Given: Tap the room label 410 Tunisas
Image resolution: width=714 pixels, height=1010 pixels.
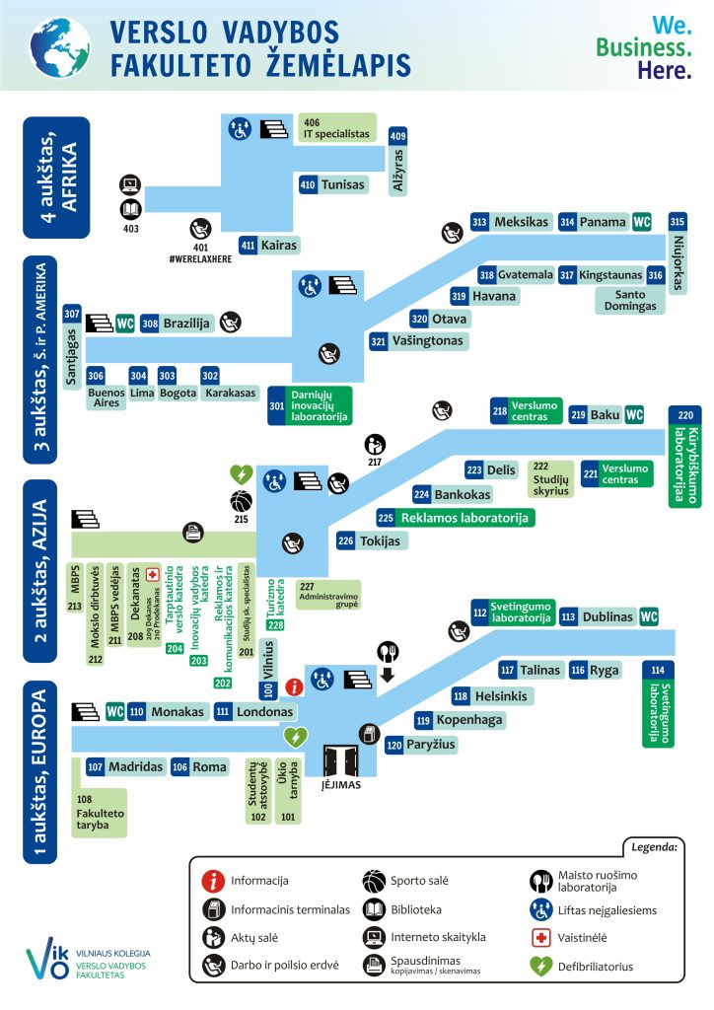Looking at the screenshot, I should click(x=332, y=184).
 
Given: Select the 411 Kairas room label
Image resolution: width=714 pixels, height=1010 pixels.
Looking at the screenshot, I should click(x=268, y=245).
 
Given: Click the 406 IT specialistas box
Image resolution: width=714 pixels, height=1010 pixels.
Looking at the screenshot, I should click(x=336, y=127).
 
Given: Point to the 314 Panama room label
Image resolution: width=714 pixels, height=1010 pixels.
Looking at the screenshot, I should click(x=594, y=222).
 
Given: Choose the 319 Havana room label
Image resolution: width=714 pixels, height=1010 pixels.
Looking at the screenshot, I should click(x=484, y=296).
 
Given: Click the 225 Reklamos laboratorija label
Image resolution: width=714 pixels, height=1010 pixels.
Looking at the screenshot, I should click(x=454, y=517).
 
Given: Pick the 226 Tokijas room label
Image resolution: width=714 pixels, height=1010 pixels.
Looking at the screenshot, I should click(x=370, y=541).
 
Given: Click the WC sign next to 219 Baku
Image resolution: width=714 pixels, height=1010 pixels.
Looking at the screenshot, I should click(x=634, y=415).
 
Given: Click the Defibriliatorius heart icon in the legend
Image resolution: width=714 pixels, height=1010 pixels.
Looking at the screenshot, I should click(x=540, y=967).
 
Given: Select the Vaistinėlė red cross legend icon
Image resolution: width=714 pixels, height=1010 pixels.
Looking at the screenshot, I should click(x=540, y=938).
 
